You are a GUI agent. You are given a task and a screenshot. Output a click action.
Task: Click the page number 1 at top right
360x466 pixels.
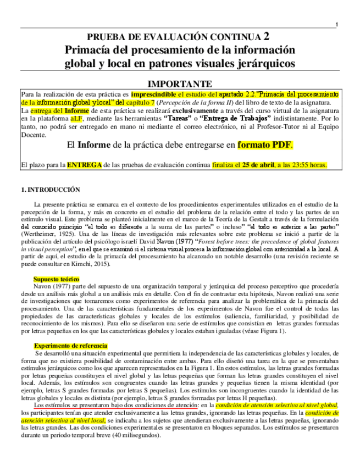point(336,24)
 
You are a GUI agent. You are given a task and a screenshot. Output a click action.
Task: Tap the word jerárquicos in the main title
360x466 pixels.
point(264,63)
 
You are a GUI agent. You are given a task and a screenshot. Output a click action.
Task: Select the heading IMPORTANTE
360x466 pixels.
point(180,84)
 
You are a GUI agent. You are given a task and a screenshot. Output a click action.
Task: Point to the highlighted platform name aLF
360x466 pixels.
point(76,118)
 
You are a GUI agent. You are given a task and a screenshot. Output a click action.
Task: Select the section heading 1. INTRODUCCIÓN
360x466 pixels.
point(50,190)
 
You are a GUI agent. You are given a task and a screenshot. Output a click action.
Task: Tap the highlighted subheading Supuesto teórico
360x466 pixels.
point(56,279)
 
